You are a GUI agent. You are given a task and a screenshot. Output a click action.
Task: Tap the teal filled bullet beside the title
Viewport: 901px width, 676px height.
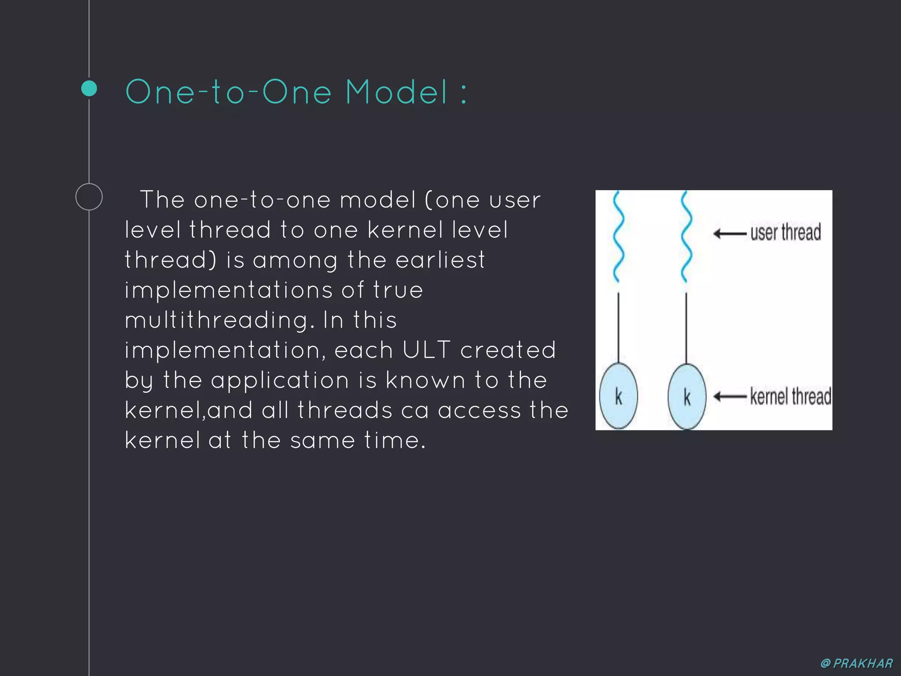point(89,88)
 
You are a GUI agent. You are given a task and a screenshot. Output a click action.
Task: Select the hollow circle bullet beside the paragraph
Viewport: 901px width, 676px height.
point(89,197)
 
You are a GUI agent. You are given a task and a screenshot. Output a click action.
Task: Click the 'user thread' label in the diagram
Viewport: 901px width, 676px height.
point(785,232)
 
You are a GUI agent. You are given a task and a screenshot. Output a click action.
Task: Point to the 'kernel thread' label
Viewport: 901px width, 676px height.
point(790,396)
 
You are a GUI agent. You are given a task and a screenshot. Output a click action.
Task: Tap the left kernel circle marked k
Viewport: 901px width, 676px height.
point(619,396)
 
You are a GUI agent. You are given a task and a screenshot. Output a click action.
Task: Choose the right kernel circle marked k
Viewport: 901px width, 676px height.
point(687,397)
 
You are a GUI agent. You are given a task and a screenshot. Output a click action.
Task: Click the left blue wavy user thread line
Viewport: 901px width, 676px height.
point(618,237)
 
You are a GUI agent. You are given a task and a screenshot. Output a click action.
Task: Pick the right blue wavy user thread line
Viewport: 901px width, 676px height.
point(686,237)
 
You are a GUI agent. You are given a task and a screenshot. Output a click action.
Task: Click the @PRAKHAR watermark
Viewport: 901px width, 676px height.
point(857,663)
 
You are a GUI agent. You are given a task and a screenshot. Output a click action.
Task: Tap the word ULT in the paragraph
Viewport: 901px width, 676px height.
point(426,350)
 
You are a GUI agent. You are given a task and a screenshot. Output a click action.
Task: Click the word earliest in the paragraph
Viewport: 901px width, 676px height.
point(440,260)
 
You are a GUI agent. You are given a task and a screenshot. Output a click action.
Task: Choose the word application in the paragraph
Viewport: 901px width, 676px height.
point(280,380)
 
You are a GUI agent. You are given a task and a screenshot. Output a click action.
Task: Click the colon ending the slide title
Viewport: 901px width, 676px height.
point(464,93)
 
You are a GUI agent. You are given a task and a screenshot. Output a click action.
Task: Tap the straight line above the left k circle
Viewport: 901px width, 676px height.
point(619,328)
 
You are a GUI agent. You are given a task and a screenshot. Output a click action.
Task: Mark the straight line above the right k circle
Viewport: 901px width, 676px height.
point(686,328)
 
